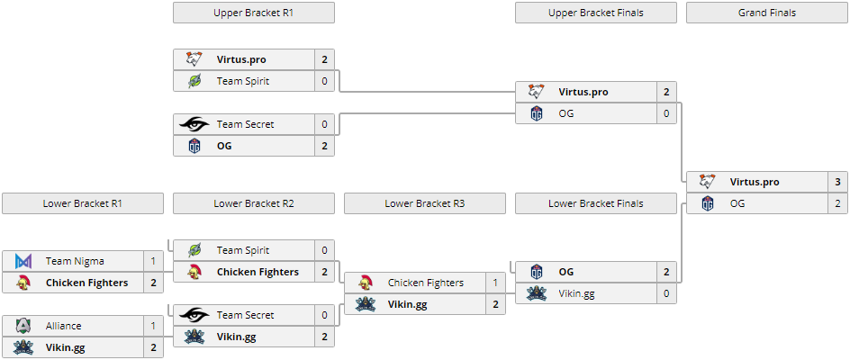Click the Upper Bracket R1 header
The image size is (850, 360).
[253, 13]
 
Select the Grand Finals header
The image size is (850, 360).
[766, 13]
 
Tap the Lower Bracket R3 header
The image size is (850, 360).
[424, 203]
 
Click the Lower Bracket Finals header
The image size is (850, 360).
[595, 203]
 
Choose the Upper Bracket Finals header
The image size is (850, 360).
[595, 13]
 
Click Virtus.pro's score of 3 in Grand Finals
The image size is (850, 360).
[837, 182]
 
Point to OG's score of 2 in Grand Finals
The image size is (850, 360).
[837, 203]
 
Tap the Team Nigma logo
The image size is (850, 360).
[23, 261]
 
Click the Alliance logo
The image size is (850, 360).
[23, 326]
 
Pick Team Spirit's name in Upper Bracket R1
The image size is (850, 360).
[242, 81]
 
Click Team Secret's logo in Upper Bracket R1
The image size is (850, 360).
[194, 124]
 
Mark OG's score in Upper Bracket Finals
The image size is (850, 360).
[666, 113]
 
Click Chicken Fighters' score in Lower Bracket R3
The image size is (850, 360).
[495, 283]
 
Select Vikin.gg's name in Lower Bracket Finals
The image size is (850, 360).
[576, 293]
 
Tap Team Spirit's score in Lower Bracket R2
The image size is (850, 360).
[324, 250]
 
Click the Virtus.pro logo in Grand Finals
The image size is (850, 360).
[708, 182]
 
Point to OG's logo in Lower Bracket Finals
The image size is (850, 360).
[537, 272]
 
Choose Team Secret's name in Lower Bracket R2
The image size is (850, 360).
[245, 315]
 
